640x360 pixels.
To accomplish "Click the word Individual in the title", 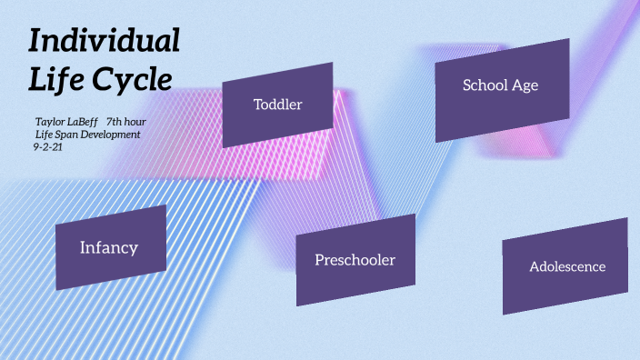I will click(104, 42).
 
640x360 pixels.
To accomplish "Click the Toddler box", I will click(277, 105).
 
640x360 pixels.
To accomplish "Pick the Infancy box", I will click(111, 247).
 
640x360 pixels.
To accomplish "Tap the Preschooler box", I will click(355, 260).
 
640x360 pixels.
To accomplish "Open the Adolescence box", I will click(565, 265).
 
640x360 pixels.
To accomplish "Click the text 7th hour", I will click(126, 121).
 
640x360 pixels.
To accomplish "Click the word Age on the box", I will click(525, 85).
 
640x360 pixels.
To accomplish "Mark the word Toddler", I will click(277, 105).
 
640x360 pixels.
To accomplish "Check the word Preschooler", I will click(355, 260).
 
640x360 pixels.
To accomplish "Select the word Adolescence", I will click(567, 267).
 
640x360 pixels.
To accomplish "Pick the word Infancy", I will click(109, 247).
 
